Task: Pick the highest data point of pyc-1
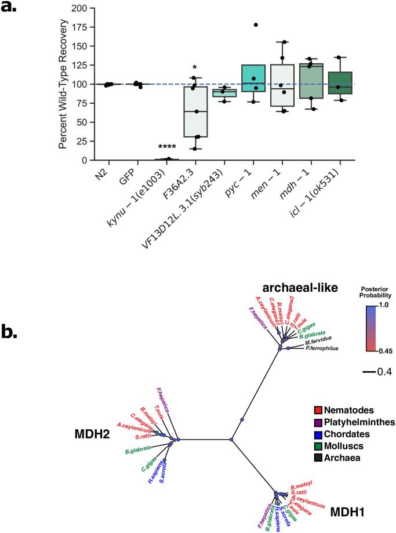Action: pos(255,25)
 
